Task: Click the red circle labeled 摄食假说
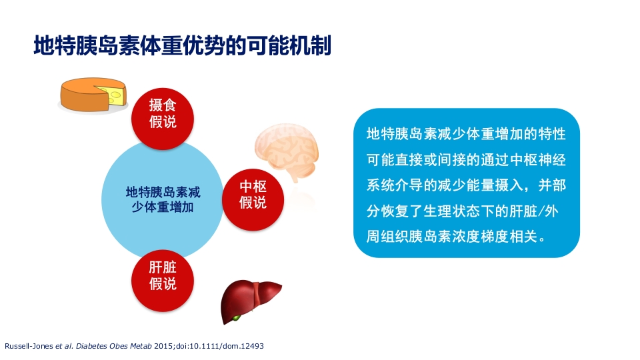coord(163,113)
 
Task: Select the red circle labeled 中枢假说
coord(253,194)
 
